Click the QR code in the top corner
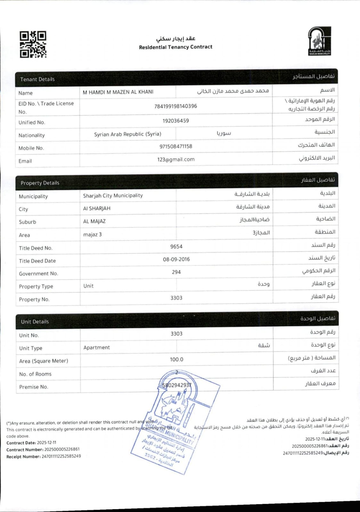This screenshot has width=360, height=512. point(33,44)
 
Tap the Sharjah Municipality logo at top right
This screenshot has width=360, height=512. point(319,41)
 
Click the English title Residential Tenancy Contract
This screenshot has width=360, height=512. point(176,47)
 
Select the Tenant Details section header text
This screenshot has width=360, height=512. point(37,79)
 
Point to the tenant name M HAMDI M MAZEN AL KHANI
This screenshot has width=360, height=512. point(118,92)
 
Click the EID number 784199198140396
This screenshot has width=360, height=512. point(176,106)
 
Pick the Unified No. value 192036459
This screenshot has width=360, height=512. point(176,121)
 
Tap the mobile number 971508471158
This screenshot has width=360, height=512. point(176,147)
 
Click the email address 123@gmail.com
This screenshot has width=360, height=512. point(176,159)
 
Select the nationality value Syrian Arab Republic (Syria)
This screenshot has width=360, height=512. point(127,134)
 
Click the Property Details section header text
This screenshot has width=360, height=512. point(40,183)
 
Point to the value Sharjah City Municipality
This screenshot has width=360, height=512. point(113,196)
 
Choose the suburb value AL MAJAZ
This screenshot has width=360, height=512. point(94,221)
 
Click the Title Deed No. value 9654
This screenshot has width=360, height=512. point(176,247)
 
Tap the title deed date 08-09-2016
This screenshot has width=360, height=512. point(176,259)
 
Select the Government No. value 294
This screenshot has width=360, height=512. point(176,272)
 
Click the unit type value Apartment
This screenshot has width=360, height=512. point(96,348)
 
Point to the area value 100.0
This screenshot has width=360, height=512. point(176,360)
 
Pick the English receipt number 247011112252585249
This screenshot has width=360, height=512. point(61,456)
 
